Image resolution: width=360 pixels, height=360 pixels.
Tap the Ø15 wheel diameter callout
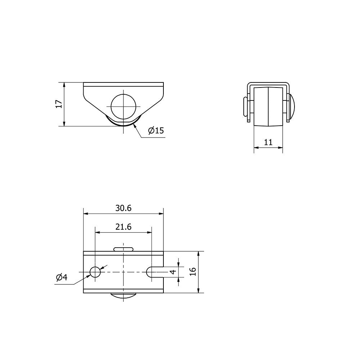click(x=156, y=130)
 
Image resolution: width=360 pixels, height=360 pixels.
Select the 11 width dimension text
click(x=268, y=142)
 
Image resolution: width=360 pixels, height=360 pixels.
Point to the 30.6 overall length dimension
click(x=123, y=208)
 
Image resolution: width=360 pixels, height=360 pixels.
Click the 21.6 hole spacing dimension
click(x=123, y=227)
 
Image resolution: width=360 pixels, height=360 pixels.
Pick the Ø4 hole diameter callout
click(x=62, y=277)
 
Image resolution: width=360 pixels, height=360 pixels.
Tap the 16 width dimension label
click(x=193, y=271)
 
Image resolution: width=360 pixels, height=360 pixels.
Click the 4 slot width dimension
click(x=173, y=272)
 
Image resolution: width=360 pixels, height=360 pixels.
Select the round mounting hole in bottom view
click(x=95, y=272)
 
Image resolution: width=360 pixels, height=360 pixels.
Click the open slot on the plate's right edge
click(x=155, y=272)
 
